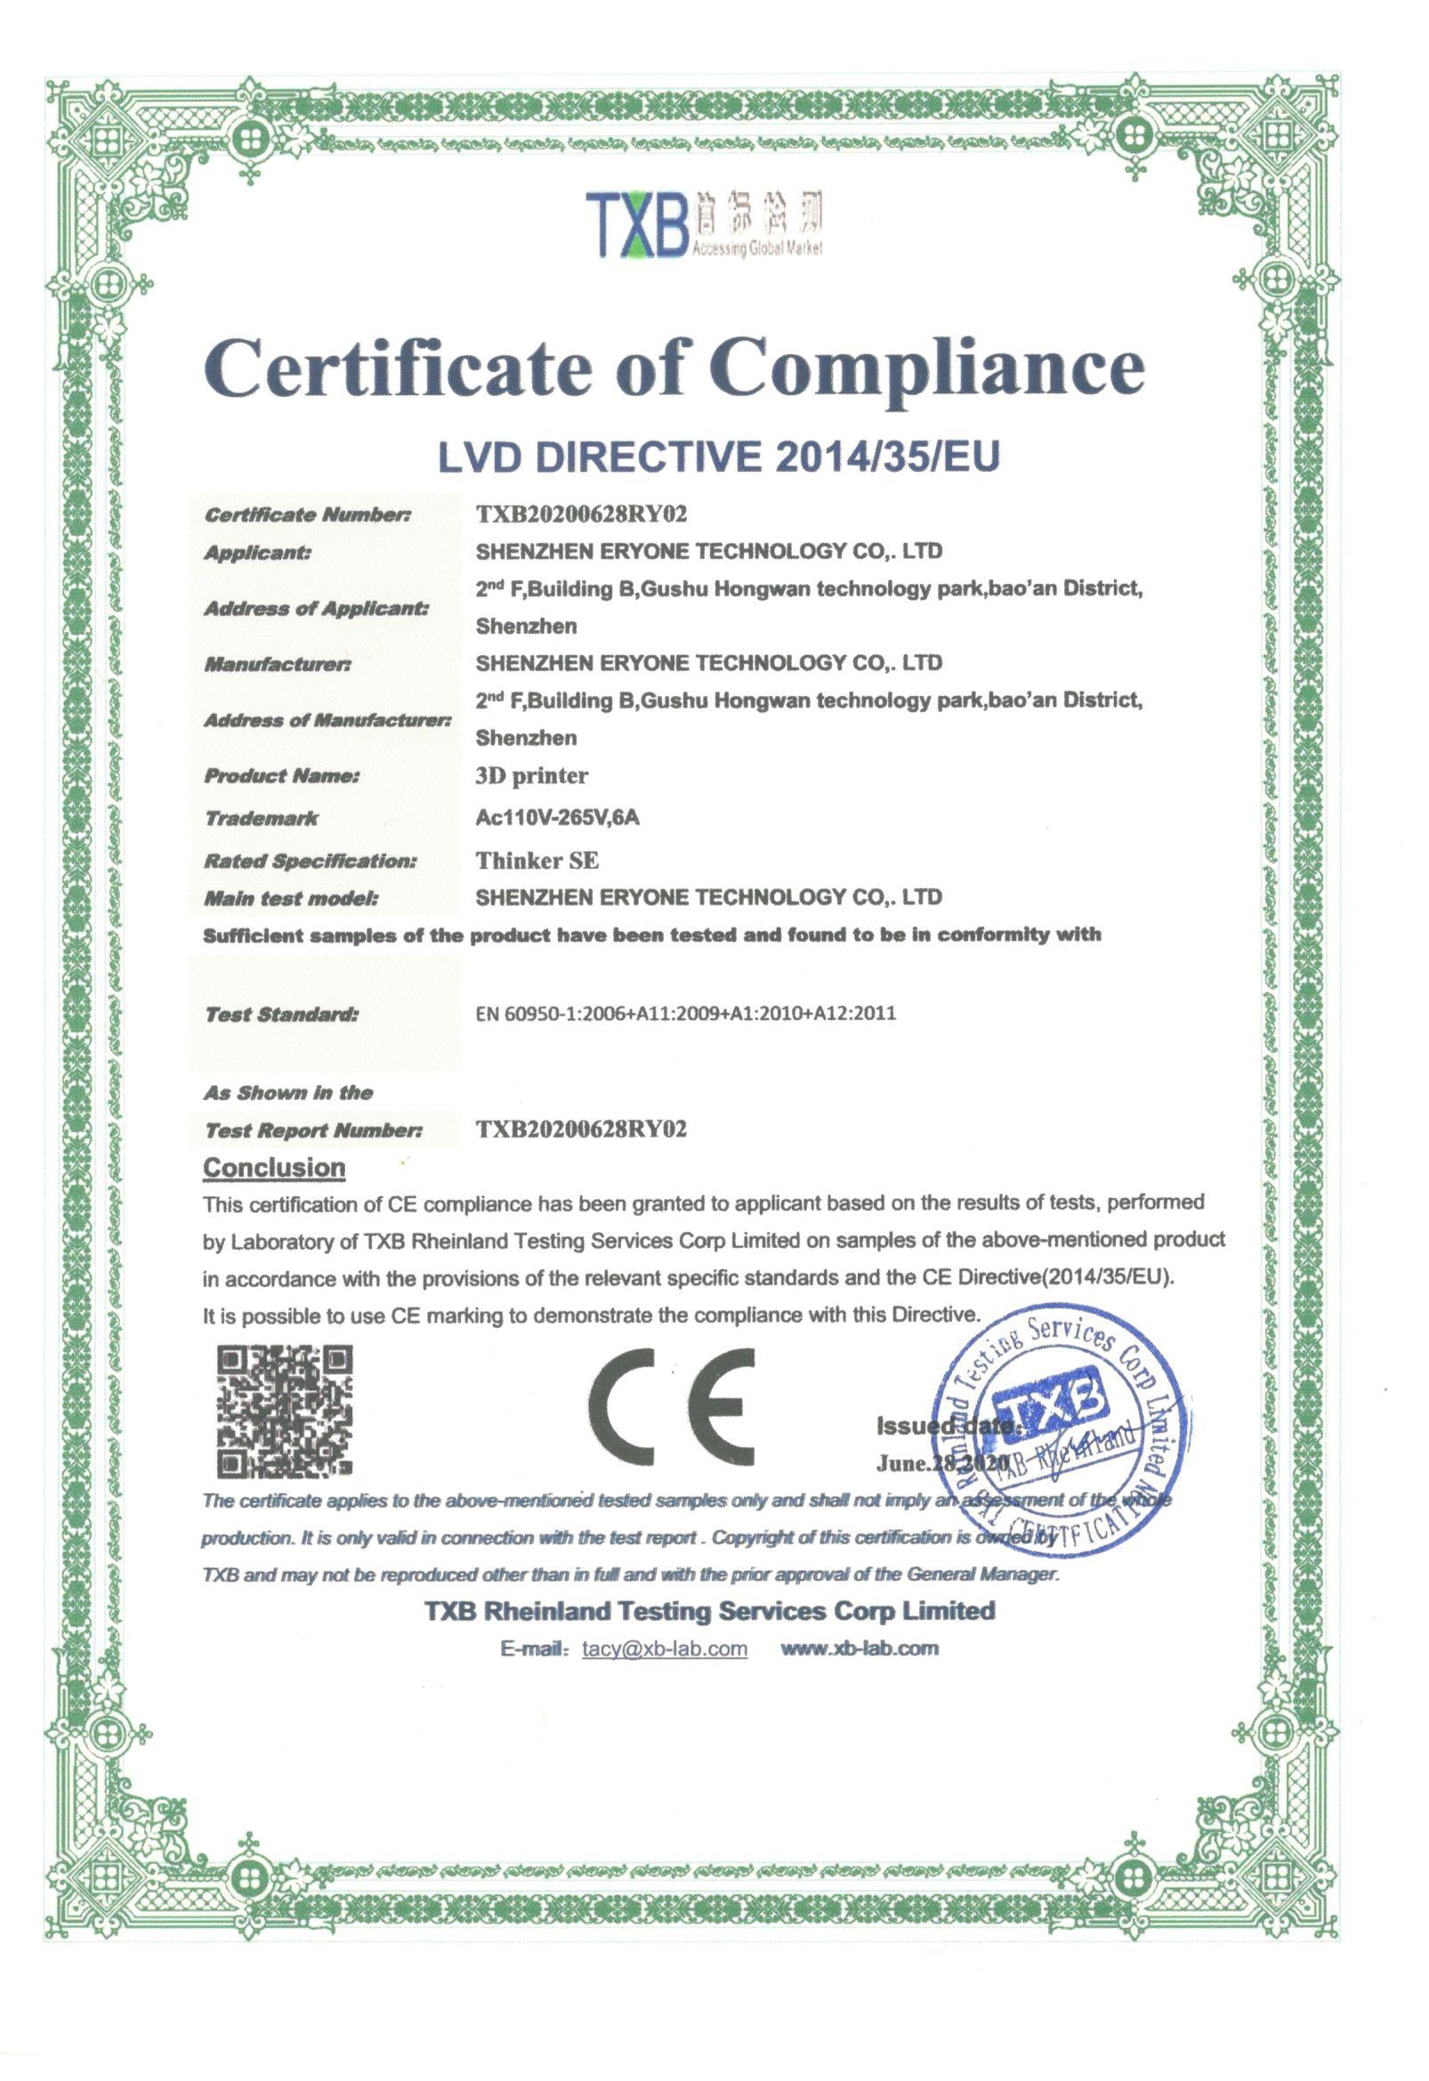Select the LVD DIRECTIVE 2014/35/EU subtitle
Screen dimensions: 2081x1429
pos(717,457)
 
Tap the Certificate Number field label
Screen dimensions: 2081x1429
pos(308,514)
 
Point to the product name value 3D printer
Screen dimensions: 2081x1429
pos(532,775)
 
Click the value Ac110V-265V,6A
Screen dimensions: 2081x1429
pos(558,817)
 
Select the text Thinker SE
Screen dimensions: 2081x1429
pos(537,861)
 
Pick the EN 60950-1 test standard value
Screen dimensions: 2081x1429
pos(686,1014)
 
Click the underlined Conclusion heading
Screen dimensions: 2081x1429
pos(274,1168)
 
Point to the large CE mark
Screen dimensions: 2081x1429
pos(672,1406)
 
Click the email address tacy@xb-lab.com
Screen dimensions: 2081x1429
pos(665,1648)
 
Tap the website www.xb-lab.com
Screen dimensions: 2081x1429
pos(860,1648)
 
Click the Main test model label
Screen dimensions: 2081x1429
pos(291,898)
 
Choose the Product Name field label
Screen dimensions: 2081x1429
pos(282,775)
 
